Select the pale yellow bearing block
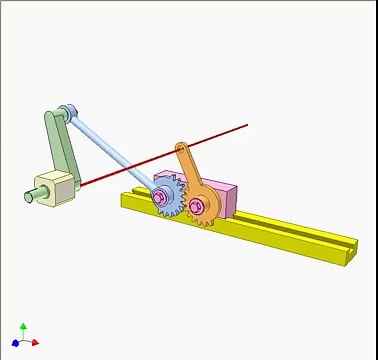click(x=55, y=187)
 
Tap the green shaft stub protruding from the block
click(x=31, y=196)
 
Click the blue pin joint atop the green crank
click(x=68, y=112)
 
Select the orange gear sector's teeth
click(x=200, y=216)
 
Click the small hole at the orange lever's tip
click(x=181, y=151)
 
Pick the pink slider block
click(x=222, y=198)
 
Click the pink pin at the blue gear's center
click(x=160, y=198)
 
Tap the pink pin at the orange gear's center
click(x=196, y=207)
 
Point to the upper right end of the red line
click(x=246, y=126)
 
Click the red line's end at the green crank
click(x=82, y=185)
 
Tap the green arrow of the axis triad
click(x=24, y=328)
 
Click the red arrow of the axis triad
click(x=35, y=343)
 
